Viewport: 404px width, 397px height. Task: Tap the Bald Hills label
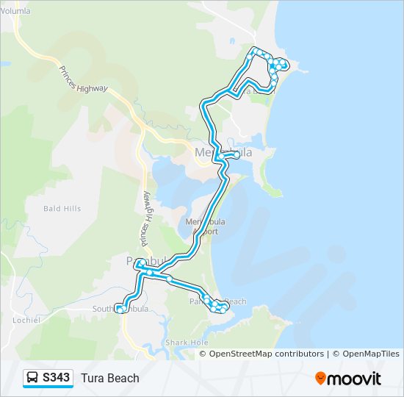(x=62, y=209)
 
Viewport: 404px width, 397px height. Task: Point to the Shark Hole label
(x=187, y=343)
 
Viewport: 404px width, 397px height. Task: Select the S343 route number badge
(x=57, y=378)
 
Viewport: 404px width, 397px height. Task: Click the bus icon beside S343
(x=33, y=378)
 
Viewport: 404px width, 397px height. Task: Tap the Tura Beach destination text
(x=110, y=378)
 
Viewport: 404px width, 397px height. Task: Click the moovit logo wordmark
(x=355, y=379)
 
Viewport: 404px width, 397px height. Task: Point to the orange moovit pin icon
(x=321, y=378)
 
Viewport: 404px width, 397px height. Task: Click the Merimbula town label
(x=223, y=152)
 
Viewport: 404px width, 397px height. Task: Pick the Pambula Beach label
(x=218, y=301)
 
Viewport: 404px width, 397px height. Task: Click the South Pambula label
(x=120, y=309)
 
